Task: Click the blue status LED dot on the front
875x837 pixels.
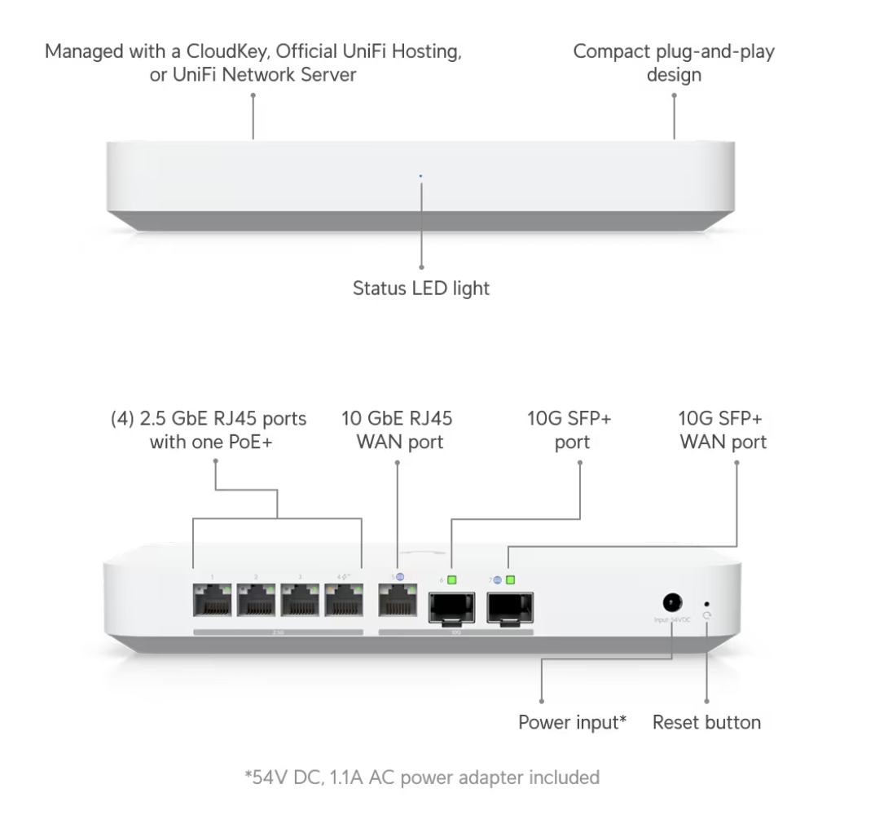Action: click(x=420, y=174)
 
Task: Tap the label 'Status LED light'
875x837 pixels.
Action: click(x=420, y=288)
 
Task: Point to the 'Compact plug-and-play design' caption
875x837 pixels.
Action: click(x=673, y=63)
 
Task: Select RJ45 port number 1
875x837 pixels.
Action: click(x=213, y=604)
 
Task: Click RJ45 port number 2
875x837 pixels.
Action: click(x=257, y=604)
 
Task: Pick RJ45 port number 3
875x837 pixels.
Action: click(x=301, y=604)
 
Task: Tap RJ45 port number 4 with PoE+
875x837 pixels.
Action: click(x=344, y=604)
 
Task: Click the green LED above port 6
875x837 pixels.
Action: click(x=451, y=579)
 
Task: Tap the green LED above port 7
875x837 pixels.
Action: click(x=511, y=579)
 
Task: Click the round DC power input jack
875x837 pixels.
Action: click(x=672, y=604)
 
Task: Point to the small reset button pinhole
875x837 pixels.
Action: click(x=706, y=605)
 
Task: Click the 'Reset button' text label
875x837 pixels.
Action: click(x=706, y=722)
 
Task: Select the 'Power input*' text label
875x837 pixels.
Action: click(x=572, y=722)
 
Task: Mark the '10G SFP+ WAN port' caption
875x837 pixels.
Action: click(x=722, y=430)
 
